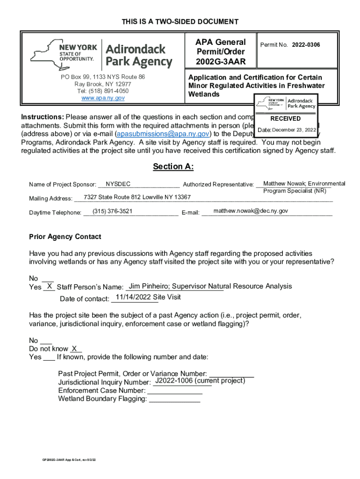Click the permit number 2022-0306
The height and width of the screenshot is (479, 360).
pyautogui.click(x=306, y=45)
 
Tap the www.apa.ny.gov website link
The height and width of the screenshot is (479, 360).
pyautogui.click(x=103, y=98)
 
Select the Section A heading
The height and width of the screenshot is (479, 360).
pyautogui.click(x=173, y=167)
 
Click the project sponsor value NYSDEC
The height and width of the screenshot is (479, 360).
pyautogui.click(x=118, y=184)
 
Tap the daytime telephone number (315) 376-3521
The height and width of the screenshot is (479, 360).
pyautogui.click(x=113, y=211)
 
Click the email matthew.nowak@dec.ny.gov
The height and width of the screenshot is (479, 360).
pyautogui.click(x=251, y=211)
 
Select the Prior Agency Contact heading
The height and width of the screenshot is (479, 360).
pyautogui.click(x=65, y=237)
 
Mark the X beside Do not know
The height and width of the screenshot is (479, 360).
pyautogui.click(x=74, y=348)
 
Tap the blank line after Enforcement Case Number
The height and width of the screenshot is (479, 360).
pyautogui.click(x=174, y=392)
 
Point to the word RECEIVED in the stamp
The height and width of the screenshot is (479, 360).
pyautogui.click(x=285, y=119)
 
